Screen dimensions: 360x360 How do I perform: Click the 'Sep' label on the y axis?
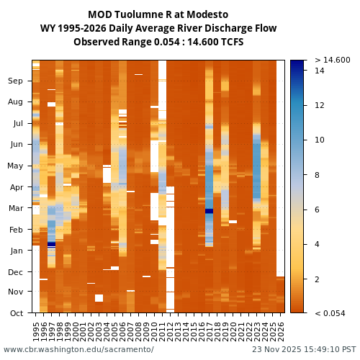(15, 81)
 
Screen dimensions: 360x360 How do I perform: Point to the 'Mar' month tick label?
(15, 208)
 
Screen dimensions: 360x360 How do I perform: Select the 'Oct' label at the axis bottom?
(15, 312)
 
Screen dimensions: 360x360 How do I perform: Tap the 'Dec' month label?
(15, 271)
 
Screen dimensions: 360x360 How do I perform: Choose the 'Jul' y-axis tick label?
(17, 123)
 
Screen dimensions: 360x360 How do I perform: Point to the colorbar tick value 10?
(320, 140)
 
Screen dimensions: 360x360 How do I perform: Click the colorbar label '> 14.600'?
(332, 60)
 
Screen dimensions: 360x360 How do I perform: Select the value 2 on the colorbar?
(318, 279)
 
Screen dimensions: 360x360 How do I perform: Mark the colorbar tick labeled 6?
(318, 210)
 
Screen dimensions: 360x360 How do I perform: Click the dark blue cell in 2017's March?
(209, 211)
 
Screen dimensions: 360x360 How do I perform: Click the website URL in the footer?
(78, 350)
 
